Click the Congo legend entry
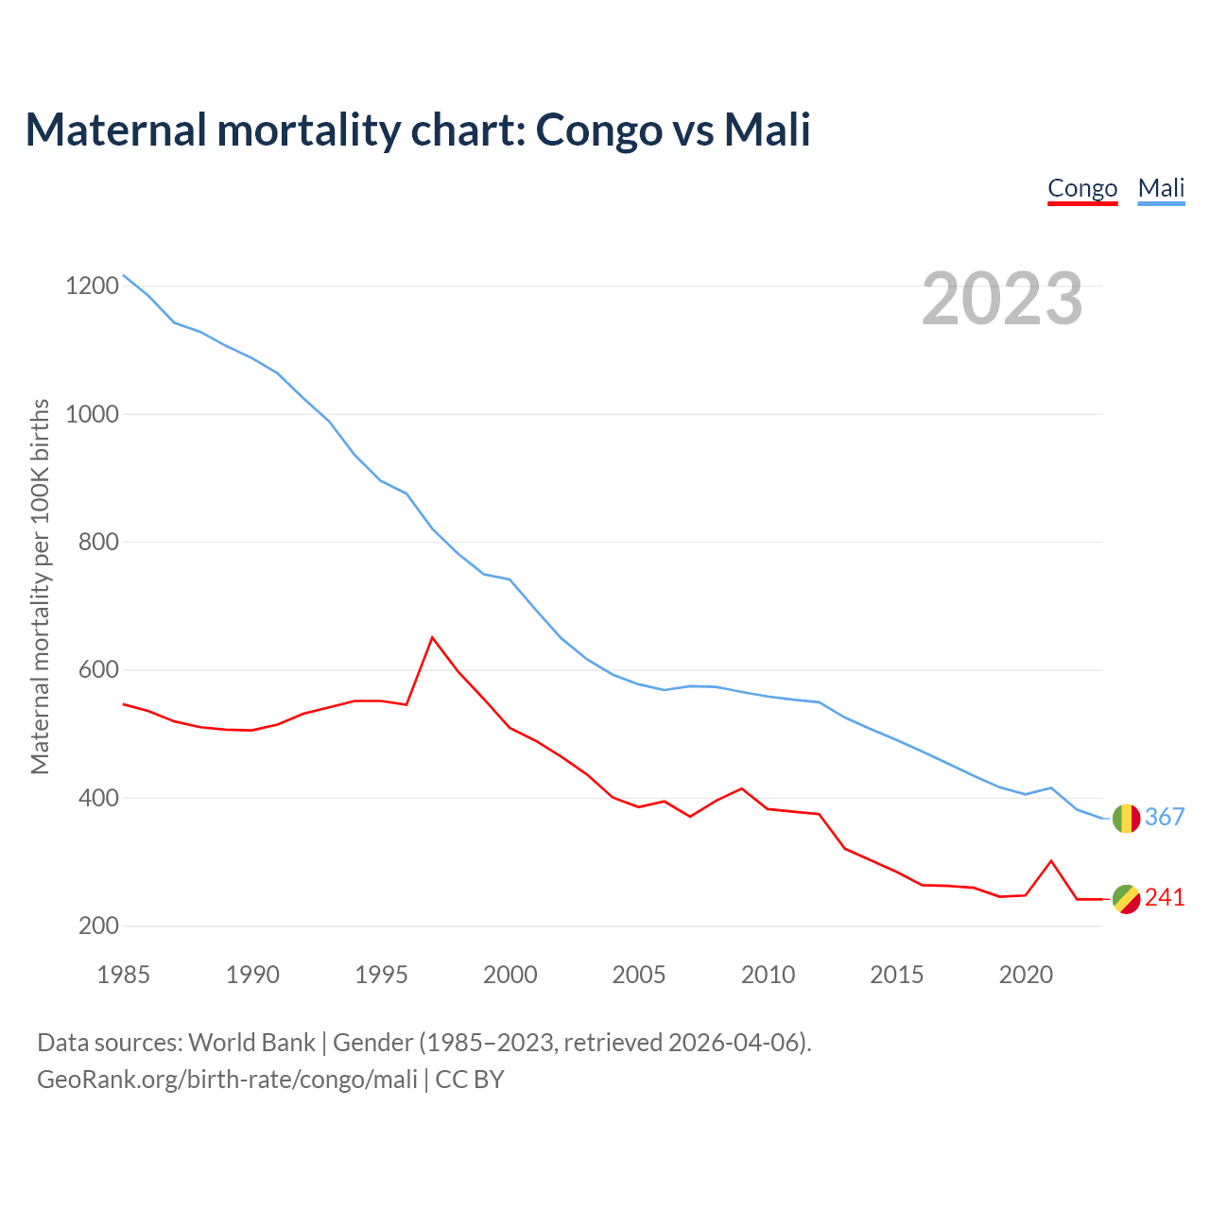coord(1082,188)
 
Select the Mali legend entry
coord(1161,188)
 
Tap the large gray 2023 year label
coord(1002,298)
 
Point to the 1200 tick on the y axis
coord(92,285)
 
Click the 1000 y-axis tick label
coord(92,414)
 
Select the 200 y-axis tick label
coord(98,926)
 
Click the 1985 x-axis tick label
coord(124,975)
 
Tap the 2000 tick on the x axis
coord(510,975)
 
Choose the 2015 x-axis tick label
coord(897,975)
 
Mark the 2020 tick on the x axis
coord(1026,975)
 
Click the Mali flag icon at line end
coord(1126,819)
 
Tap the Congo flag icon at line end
coord(1126,899)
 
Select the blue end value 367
coord(1165,817)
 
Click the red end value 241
coord(1165,897)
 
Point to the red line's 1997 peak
coord(432,637)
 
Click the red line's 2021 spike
coord(1051,860)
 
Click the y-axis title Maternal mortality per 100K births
coord(40,586)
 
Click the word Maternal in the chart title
coord(115,130)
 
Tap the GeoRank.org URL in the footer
coord(227,1079)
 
